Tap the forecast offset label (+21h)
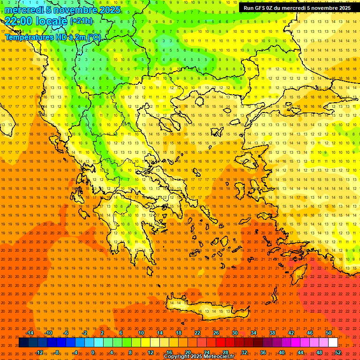(x=81, y=21)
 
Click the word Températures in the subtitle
(x=29, y=37)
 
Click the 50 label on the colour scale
(x=328, y=333)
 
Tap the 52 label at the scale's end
(x=338, y=352)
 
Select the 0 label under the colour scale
(x=92, y=352)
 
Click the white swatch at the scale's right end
(x=333, y=343)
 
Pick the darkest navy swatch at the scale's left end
(x=23, y=343)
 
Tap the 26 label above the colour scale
(x=216, y=333)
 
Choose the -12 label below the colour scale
(x=39, y=352)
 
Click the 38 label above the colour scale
(x=272, y=333)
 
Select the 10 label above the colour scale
(x=141, y=333)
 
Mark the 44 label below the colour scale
(x=300, y=352)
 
